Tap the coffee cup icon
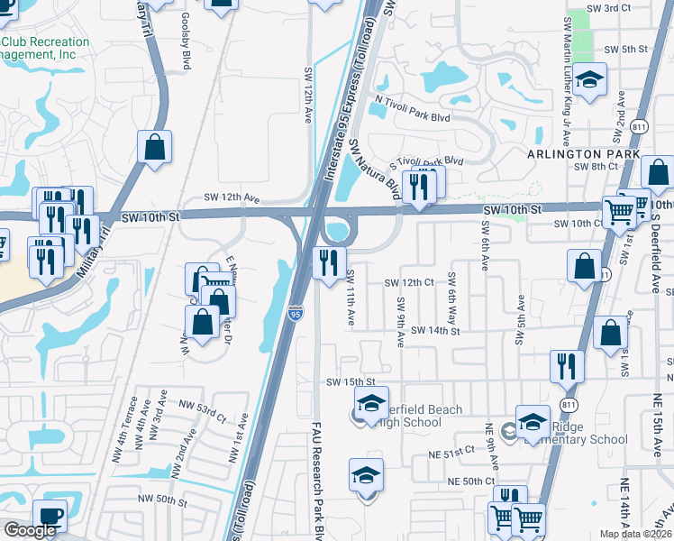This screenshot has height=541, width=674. (50, 517)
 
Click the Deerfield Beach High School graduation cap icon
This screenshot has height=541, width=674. (369, 407)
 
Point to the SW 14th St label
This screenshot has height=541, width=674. (436, 331)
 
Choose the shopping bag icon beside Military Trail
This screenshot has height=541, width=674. (155, 149)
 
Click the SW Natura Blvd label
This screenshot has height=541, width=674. (375, 170)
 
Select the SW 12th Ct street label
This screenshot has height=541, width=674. (409, 282)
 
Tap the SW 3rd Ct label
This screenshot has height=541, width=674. (607, 8)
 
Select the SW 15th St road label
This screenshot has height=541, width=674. (350, 382)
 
